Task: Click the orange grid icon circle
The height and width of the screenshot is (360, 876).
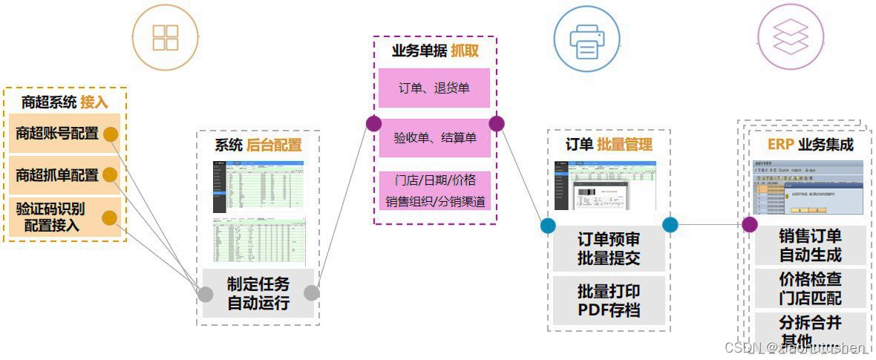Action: tap(166, 37)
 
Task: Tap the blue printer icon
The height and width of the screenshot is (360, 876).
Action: tap(586, 38)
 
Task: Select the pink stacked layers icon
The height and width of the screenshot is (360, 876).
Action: tap(791, 37)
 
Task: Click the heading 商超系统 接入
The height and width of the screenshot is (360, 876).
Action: tap(65, 102)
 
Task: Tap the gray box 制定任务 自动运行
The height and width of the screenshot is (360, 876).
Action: tap(258, 293)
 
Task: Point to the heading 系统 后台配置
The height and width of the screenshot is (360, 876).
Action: tap(258, 145)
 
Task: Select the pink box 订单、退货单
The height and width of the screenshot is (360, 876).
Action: tap(434, 88)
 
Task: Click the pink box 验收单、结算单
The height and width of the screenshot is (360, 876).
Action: tap(434, 138)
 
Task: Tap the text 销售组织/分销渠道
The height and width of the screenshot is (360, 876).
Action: tap(434, 201)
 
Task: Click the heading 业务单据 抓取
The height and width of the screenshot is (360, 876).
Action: tap(435, 50)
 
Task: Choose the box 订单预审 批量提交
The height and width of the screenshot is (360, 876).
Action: tap(609, 249)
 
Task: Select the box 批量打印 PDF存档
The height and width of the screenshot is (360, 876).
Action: tap(609, 300)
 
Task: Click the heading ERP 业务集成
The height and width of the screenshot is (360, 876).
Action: tap(810, 144)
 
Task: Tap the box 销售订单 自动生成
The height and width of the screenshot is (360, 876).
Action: tap(810, 246)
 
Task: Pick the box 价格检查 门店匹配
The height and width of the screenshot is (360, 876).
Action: tap(810, 289)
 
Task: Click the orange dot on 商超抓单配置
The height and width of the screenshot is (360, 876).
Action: tap(110, 175)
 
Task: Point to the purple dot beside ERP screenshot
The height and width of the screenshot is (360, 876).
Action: tap(750, 224)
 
